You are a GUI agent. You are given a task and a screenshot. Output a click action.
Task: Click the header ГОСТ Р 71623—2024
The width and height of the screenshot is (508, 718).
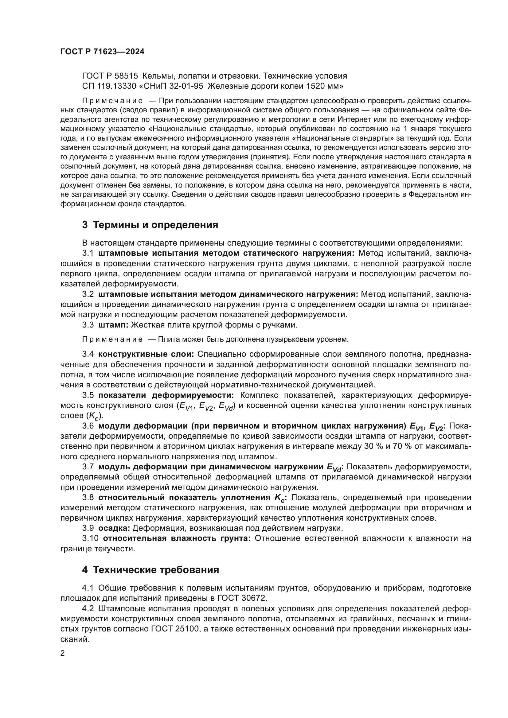[102, 52]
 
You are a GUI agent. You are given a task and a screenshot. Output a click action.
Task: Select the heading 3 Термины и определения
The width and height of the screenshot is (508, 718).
[150, 224]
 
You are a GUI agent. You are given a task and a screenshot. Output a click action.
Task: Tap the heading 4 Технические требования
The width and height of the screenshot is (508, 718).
[150, 570]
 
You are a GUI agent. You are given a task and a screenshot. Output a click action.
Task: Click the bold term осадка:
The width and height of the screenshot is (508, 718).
[114, 528]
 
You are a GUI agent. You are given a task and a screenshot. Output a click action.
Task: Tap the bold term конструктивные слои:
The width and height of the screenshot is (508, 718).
[146, 354]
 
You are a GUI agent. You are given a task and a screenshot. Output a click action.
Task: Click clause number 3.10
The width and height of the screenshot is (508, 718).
[90, 538]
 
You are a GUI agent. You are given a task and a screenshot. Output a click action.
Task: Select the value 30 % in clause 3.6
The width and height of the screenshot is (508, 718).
[374, 446]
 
